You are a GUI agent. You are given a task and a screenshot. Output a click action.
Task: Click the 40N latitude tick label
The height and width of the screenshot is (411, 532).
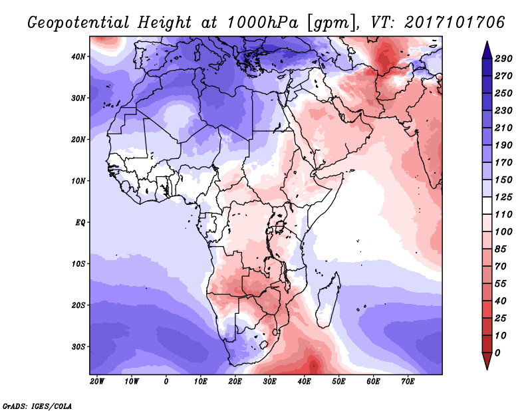[78, 57]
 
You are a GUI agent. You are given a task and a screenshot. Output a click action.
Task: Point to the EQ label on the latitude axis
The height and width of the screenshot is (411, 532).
[80, 223]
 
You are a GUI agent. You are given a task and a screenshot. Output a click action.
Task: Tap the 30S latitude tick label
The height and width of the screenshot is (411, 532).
[78, 347]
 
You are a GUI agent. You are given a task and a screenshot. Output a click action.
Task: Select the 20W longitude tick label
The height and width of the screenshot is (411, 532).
[97, 382]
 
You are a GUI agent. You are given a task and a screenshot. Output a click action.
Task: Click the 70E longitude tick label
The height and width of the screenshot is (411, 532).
[408, 382]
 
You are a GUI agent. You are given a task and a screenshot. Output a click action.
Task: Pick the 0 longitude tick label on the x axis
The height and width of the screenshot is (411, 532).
[166, 382]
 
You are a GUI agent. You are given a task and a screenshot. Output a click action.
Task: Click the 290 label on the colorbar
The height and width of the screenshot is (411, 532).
[503, 59]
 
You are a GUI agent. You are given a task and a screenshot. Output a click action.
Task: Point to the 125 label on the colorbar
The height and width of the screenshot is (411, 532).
[503, 197]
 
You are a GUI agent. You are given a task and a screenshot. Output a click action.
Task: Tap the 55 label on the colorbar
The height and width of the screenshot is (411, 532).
[501, 284]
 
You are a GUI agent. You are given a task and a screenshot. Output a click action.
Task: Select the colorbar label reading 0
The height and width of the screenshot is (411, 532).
[497, 353]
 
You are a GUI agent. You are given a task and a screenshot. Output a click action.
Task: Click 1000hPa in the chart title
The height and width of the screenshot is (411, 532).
[263, 23]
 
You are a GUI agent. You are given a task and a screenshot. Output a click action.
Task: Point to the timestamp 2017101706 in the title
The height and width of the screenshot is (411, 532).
[454, 23]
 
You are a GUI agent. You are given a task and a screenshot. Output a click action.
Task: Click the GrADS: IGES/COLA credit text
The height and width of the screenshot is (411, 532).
[37, 406]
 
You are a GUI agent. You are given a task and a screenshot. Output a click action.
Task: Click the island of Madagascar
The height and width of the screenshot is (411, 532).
[328, 301]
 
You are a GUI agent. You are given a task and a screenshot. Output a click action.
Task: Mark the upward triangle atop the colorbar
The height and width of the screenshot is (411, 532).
[487, 50]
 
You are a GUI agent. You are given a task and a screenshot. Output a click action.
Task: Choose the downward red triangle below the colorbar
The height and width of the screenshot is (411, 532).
[487, 360]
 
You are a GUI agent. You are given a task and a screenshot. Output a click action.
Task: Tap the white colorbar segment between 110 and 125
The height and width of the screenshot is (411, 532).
[487, 205]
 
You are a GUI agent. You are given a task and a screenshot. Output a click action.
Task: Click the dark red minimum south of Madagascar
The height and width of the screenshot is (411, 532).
[313, 366]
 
